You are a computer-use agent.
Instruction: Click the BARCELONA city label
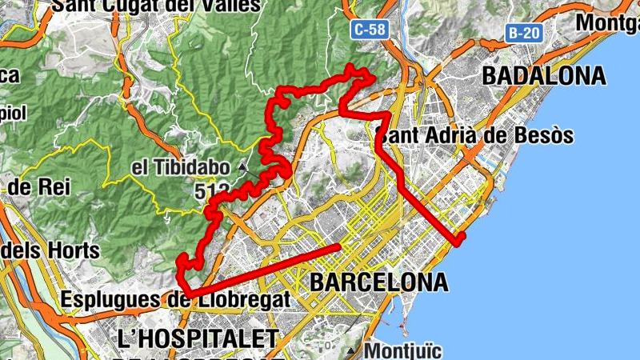click(378, 282)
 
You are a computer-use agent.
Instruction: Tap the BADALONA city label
click(543, 77)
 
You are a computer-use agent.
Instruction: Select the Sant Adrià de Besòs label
click(475, 135)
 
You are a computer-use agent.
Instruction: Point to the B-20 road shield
click(523, 33)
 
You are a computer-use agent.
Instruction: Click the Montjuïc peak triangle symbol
click(351, 351)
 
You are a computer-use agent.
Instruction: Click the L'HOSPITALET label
click(197, 337)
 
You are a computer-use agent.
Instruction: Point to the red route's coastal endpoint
click(458, 239)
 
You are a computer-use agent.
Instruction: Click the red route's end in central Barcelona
click(339, 246)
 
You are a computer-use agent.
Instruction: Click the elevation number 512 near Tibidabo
click(211, 191)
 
